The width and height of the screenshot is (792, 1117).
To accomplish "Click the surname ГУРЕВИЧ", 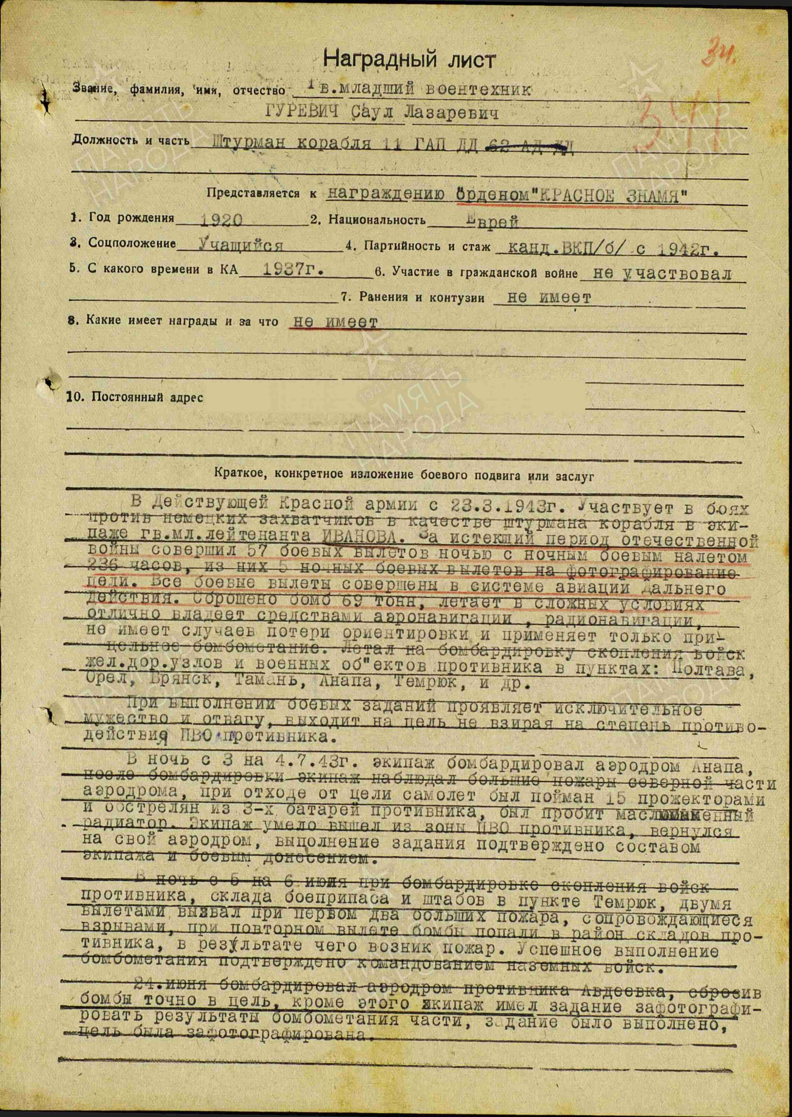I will pyautogui.click(x=302, y=114).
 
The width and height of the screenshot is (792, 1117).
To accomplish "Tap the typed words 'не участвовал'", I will pyautogui.click(x=662, y=274).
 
